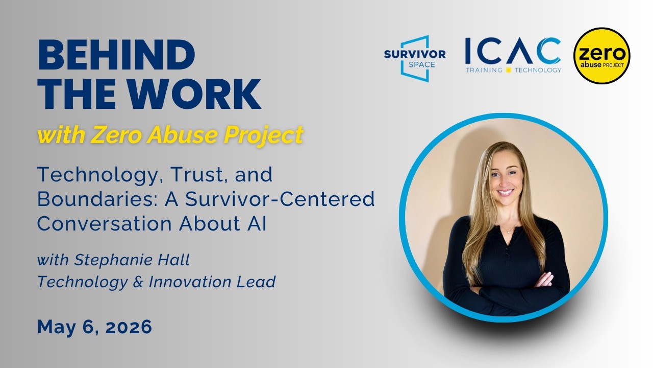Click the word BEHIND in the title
(117, 55)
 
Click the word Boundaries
(97, 199)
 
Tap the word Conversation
(105, 224)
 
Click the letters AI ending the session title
(258, 224)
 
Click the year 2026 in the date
(129, 327)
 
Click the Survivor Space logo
(415, 59)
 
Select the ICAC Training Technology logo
(513, 55)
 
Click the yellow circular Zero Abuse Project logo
(601, 56)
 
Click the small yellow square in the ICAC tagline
(509, 70)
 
